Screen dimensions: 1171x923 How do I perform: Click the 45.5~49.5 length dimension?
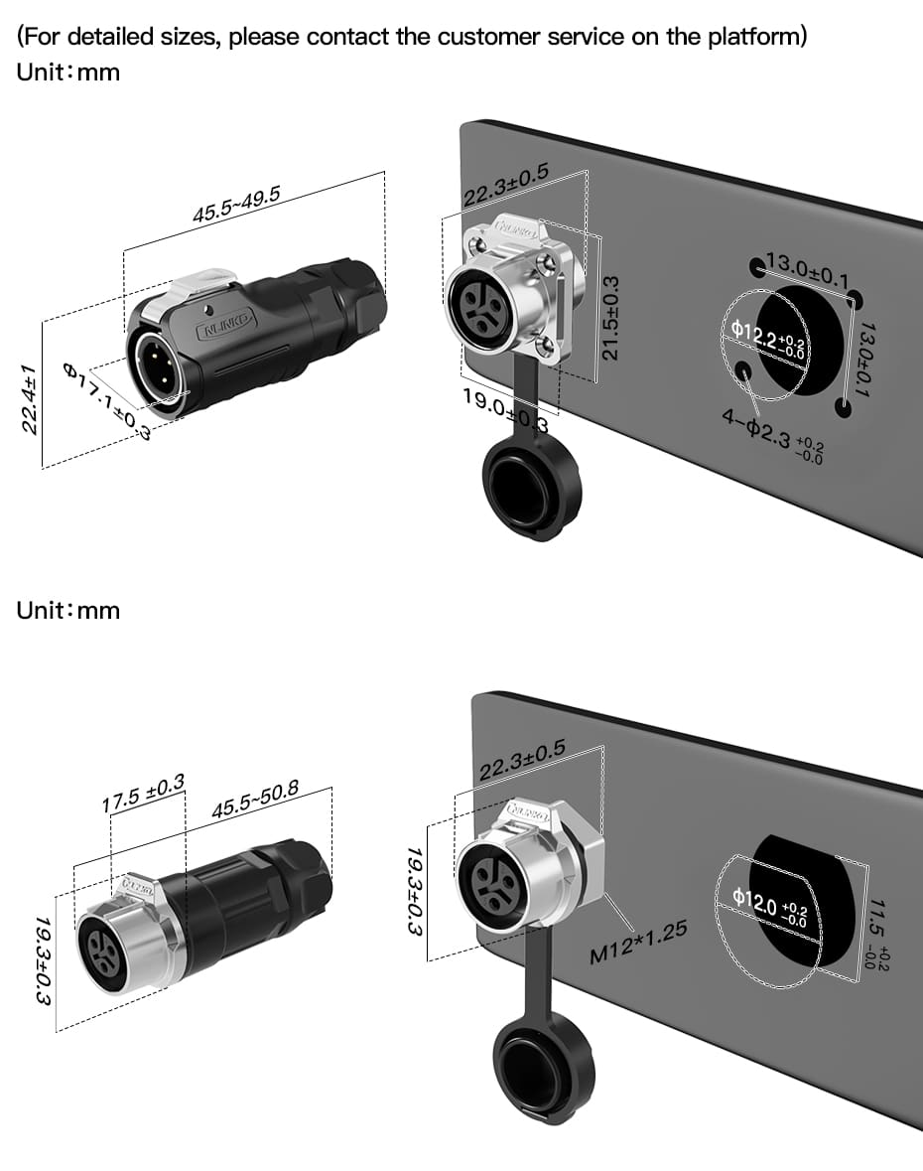(x=235, y=202)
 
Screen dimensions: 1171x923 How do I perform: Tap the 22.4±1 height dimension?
(x=30, y=398)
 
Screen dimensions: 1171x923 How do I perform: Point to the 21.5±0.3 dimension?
(x=612, y=318)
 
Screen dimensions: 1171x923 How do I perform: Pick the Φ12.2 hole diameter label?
(x=766, y=339)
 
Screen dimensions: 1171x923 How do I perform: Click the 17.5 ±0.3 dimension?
(x=144, y=793)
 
